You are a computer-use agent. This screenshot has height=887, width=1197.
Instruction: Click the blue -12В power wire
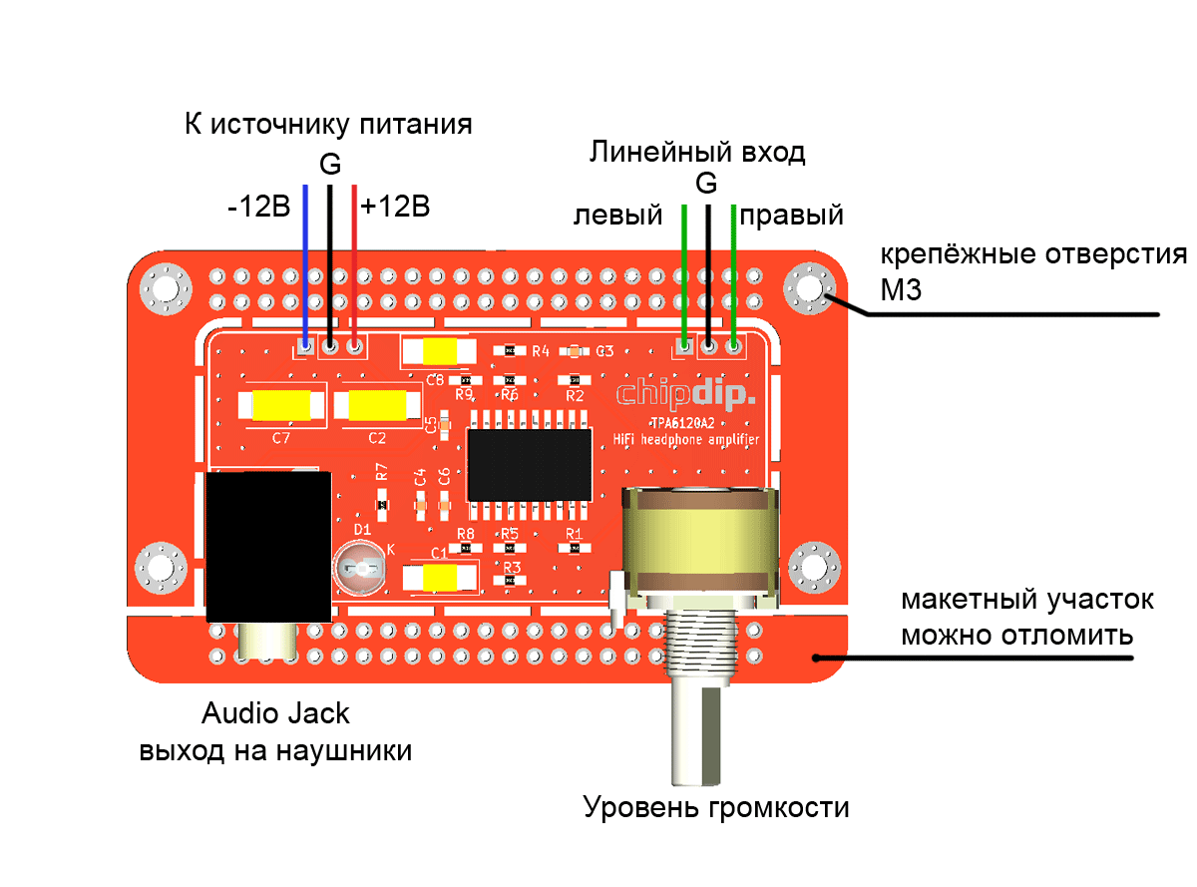pyautogui.click(x=305, y=259)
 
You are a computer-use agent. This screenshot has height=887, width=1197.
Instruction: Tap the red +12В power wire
pyautogui.click(x=355, y=259)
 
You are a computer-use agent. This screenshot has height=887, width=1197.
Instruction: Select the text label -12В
pyautogui.click(x=258, y=208)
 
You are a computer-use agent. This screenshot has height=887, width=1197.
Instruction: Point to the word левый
pyautogui.click(x=617, y=215)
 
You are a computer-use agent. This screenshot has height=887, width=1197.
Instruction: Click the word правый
pyautogui.click(x=793, y=215)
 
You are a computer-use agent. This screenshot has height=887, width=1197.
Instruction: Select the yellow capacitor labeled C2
pyautogui.click(x=376, y=406)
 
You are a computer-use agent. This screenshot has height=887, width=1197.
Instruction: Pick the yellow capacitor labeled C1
pyautogui.click(x=440, y=577)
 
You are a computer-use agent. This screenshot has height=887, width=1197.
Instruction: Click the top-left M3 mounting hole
pyautogui.click(x=165, y=289)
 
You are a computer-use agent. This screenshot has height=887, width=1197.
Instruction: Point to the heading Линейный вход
pyautogui.click(x=697, y=152)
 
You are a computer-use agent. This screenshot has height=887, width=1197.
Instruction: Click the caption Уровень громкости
pyautogui.click(x=716, y=806)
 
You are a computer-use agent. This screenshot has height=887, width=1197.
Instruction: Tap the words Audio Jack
pyautogui.click(x=275, y=713)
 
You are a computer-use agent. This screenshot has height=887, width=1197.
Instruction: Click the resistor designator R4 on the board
pyautogui.click(x=541, y=351)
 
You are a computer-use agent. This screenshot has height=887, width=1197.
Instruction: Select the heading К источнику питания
pyautogui.click(x=328, y=125)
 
